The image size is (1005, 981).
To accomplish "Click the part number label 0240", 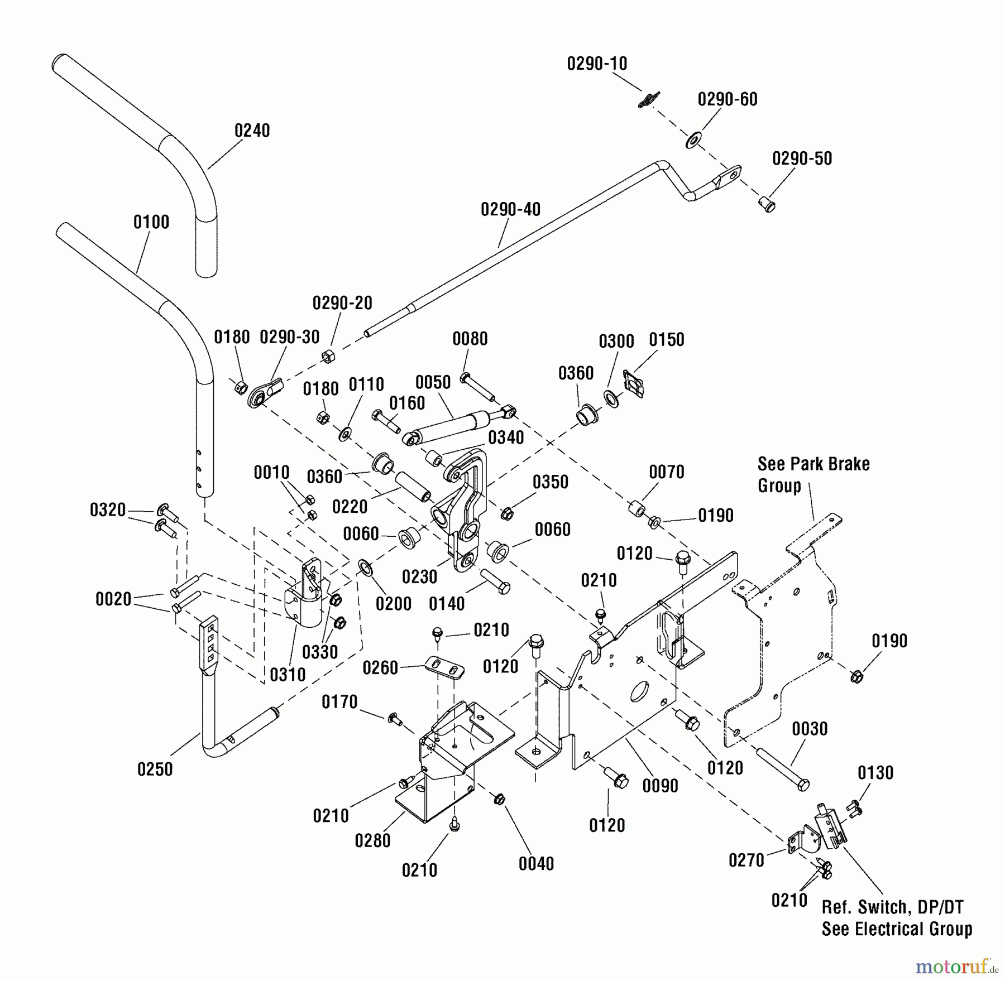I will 252,131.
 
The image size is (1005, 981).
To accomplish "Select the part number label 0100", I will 151,222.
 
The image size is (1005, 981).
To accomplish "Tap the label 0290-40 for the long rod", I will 510,210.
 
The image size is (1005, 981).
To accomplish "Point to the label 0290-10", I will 597,64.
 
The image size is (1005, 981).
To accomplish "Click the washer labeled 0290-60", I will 693,140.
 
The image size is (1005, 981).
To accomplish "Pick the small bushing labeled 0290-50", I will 768,204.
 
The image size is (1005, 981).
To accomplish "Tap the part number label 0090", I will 660,786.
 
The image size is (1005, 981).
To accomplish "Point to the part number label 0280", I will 372,840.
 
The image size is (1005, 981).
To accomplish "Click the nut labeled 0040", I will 500,800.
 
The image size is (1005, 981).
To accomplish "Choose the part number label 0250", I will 155,770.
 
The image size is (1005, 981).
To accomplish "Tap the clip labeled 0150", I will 634,383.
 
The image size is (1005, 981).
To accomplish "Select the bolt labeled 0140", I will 495,582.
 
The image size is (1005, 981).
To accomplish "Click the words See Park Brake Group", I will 813,474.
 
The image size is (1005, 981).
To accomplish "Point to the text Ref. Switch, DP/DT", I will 892,907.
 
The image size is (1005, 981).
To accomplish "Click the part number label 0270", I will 746,860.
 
